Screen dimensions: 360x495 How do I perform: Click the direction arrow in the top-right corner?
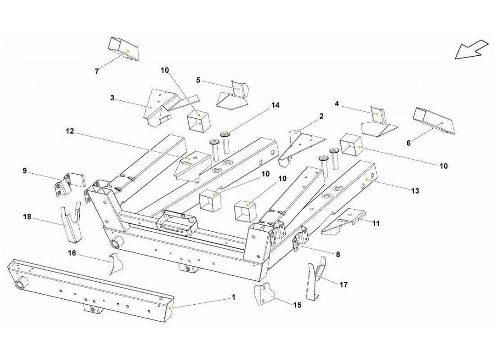click(x=471, y=49)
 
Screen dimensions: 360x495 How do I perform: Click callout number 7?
click(x=96, y=71)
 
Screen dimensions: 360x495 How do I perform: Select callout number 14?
click(x=275, y=105)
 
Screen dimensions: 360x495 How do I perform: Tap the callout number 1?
click(x=233, y=297)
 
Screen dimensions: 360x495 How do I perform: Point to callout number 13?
click(x=415, y=191)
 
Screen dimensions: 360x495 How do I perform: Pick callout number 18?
click(x=27, y=217)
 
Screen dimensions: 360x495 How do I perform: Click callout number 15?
click(x=297, y=305)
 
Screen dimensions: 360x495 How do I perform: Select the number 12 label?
click(x=70, y=131)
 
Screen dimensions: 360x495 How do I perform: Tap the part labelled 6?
click(x=435, y=121)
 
